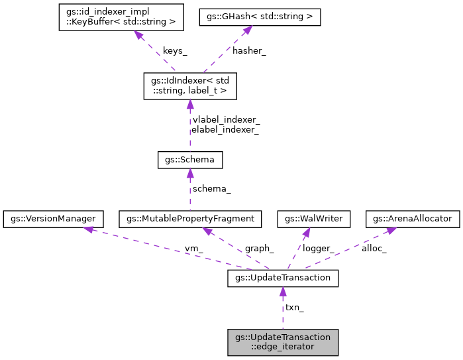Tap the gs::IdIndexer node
[x=190, y=86]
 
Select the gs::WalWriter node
[x=306, y=217]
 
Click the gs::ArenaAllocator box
[x=413, y=217]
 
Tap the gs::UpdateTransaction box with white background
[x=283, y=278]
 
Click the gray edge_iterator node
[x=283, y=341]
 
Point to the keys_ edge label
[x=175, y=51]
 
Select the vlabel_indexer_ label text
[x=226, y=120]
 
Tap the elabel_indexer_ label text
[x=225, y=130]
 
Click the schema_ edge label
[x=212, y=189]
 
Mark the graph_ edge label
[x=260, y=248]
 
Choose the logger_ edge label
[x=319, y=248]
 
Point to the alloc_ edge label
[x=374, y=248]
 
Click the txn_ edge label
[x=294, y=308]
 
